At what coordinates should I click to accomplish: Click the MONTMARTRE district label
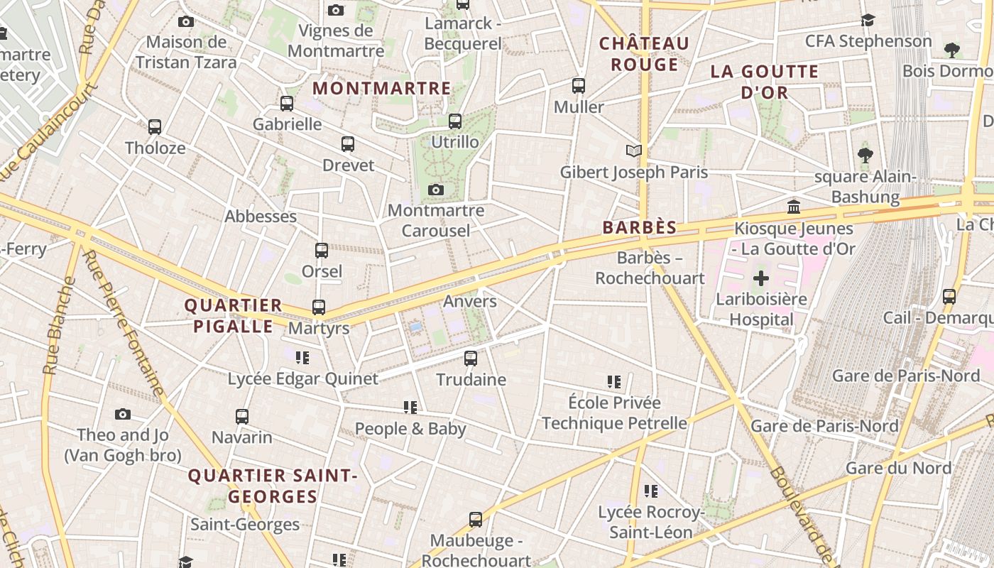point(382,88)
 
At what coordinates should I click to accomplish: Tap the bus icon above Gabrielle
point(287,103)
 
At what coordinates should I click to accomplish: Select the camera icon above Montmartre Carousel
point(436,190)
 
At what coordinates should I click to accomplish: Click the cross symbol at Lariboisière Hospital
point(761,278)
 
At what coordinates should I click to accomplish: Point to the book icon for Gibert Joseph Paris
point(634,151)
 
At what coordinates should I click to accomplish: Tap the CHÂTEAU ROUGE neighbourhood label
point(645,54)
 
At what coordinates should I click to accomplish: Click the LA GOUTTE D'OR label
point(765,82)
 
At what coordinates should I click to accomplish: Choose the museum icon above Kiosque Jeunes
point(794,207)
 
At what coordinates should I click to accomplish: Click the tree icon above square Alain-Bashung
point(865,155)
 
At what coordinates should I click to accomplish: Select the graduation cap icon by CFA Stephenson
point(868,20)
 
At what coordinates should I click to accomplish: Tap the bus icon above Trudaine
point(471,359)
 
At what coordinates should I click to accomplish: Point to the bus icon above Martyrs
point(319,307)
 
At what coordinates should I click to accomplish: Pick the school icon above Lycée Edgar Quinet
point(302,358)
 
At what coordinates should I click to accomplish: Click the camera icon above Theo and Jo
point(123,414)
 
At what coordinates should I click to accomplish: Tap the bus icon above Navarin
point(242,416)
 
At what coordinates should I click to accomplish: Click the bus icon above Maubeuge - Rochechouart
point(476,520)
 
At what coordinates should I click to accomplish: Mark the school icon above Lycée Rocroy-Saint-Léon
point(650,491)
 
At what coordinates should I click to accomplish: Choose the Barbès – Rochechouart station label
point(650,268)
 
